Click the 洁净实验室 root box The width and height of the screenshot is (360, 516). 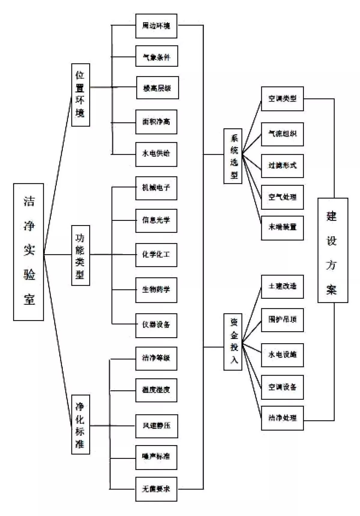(x=29, y=252)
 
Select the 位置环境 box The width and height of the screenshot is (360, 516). (x=80, y=95)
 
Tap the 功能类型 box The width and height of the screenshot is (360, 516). (x=80, y=255)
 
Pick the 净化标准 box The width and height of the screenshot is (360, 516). (x=80, y=424)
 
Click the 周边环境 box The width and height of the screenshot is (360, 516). (x=156, y=26)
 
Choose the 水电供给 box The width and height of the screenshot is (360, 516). (x=156, y=154)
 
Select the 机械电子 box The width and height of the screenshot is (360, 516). (x=156, y=188)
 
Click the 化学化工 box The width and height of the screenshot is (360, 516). (x=156, y=255)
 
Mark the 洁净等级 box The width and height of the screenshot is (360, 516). (x=156, y=359)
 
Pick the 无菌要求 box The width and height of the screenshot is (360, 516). (x=156, y=489)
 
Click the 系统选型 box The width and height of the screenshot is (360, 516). (x=233, y=156)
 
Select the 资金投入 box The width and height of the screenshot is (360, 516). (x=233, y=342)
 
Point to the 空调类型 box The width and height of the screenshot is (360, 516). (x=282, y=99)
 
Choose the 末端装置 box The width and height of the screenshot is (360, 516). (x=282, y=228)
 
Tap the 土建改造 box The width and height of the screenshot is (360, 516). (x=282, y=286)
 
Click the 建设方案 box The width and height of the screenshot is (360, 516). (x=333, y=250)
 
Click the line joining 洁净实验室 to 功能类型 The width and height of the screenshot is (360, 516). (x=58, y=255)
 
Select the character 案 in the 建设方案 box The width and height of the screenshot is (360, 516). (x=332, y=289)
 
